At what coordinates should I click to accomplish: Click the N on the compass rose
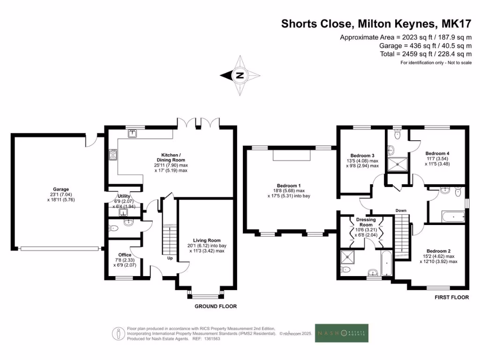click(x=240, y=75)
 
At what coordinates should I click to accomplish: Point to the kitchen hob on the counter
click(x=112, y=155)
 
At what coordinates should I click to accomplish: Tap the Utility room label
click(x=124, y=196)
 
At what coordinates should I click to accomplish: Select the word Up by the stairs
click(x=170, y=258)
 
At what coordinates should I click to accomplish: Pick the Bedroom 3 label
click(x=362, y=156)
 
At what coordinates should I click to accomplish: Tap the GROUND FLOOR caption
click(x=216, y=307)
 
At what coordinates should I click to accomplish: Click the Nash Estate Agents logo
click(x=341, y=333)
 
